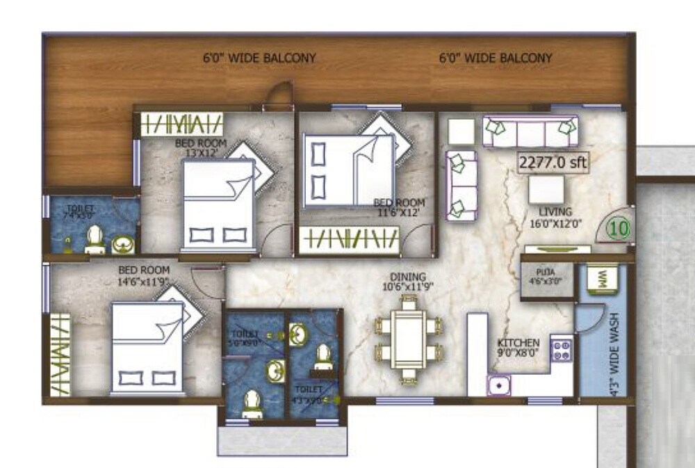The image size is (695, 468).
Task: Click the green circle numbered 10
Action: (619, 227)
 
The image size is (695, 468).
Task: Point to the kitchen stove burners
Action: (561, 350)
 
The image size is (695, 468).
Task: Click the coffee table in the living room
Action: (546, 188)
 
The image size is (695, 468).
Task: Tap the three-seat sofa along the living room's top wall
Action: (530, 131)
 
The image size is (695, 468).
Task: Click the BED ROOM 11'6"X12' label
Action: (398, 207)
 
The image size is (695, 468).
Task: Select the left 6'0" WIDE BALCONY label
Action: (259, 58)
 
